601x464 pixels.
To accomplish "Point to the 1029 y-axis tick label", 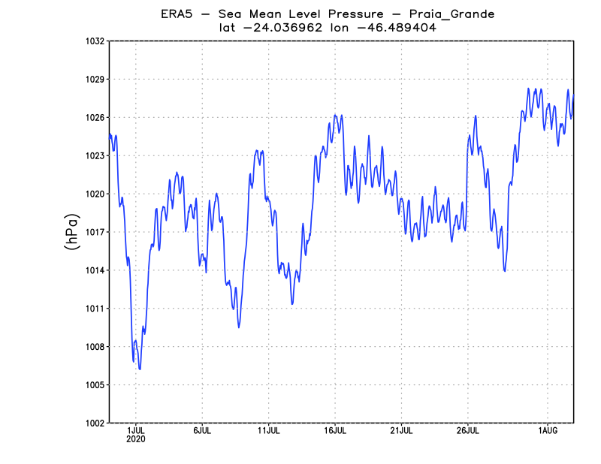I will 94,79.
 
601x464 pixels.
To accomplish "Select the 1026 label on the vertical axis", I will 94,117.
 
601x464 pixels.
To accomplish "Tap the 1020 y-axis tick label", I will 94,194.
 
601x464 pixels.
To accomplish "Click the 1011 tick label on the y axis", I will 94,309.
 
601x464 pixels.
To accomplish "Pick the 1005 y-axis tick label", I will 94,385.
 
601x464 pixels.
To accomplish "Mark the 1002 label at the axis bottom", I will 94,423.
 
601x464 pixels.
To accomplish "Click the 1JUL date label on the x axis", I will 136,431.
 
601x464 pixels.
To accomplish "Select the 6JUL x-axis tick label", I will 202,431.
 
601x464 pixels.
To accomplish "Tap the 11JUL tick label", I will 269,431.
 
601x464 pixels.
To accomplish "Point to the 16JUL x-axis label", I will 335,431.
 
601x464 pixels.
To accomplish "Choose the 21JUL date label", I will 401,431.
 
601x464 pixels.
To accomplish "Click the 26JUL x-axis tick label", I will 467,431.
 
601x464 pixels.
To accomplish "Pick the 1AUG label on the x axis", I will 548,431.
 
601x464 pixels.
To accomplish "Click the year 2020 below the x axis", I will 136,439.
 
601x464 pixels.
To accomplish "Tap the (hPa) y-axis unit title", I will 72,232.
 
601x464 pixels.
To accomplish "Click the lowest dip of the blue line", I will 140,369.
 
